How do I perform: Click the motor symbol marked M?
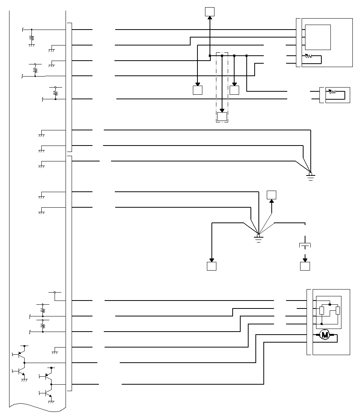(324, 335)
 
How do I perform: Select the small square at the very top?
(210, 12)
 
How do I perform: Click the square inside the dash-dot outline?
(222, 117)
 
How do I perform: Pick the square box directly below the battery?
(305, 266)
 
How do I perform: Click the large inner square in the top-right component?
(318, 37)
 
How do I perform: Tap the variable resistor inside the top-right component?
(309, 56)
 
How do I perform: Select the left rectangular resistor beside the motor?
(322, 311)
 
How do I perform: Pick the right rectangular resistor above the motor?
(338, 311)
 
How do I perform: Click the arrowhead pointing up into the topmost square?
(210, 18)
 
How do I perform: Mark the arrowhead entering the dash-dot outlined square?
(222, 111)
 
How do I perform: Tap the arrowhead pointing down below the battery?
(305, 260)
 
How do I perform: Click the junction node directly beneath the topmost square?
(210, 56)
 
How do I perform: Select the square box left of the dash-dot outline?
(197, 90)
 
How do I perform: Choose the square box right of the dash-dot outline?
(235, 90)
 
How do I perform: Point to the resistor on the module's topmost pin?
(32, 38)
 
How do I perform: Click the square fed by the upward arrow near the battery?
(271, 195)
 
